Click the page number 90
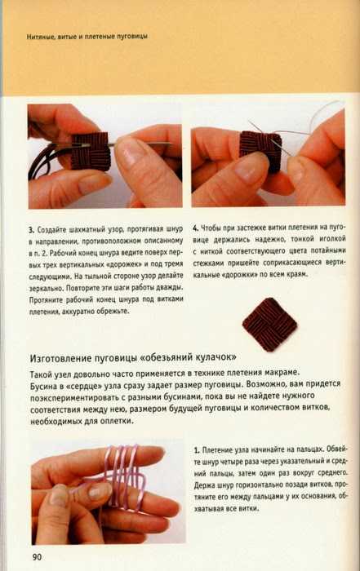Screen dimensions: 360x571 click(37, 557)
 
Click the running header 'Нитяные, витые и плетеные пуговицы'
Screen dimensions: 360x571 click(87, 37)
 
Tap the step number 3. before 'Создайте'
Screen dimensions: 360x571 click(32, 230)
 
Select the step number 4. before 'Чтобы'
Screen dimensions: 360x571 click(196, 228)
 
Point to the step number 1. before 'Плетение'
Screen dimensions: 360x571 click(197, 450)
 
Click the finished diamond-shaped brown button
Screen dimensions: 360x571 click(269, 325)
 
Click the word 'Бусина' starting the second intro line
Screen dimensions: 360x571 click(42, 385)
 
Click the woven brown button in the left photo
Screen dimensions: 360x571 click(90, 151)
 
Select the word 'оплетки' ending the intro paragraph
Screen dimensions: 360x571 click(118, 422)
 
